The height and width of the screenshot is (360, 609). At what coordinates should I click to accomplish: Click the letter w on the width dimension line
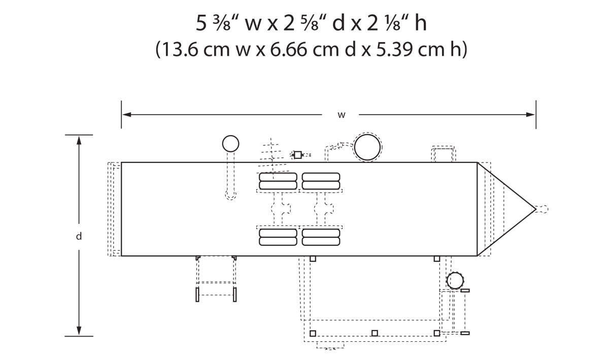(342, 115)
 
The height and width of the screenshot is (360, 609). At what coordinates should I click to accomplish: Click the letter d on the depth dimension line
(79, 236)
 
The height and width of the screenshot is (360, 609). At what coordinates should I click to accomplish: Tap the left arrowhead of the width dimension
(127, 115)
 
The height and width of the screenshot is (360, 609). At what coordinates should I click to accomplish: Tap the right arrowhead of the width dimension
(530, 115)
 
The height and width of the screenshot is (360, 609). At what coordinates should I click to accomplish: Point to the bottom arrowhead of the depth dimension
(79, 331)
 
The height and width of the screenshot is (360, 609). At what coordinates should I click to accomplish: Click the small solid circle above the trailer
(230, 144)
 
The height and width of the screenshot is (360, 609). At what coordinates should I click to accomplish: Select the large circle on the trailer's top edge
(367, 147)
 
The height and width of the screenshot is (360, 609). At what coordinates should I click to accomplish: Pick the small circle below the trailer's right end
(455, 281)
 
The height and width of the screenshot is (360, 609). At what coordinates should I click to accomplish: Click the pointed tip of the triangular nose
(535, 209)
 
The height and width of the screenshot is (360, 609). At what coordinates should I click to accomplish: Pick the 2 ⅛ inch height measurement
(387, 23)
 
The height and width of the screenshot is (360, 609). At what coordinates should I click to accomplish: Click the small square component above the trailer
(298, 155)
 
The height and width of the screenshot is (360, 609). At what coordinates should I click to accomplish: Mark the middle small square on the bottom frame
(375, 333)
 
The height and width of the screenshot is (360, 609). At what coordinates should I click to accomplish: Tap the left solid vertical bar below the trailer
(197, 294)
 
